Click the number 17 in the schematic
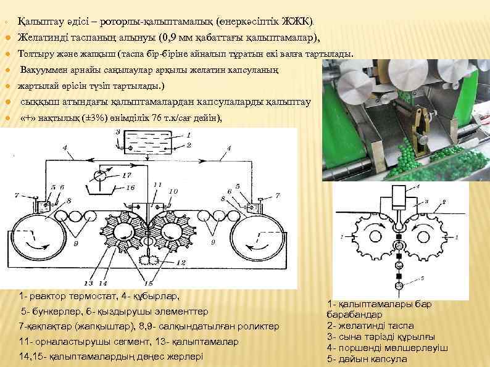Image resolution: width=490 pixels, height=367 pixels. tap(127, 175)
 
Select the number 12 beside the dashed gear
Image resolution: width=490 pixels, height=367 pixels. tap(180, 263)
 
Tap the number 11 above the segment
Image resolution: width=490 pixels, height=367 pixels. tap(158, 184)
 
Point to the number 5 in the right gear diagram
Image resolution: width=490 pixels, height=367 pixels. tap(422, 279)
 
